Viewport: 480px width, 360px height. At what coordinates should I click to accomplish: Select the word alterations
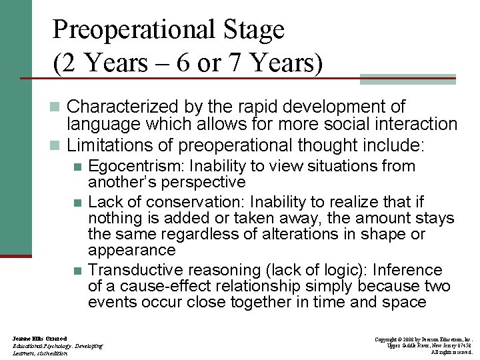[319, 235]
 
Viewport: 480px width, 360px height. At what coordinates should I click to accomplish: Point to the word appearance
[131, 251]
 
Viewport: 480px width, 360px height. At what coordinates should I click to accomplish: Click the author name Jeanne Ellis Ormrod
[39, 339]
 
